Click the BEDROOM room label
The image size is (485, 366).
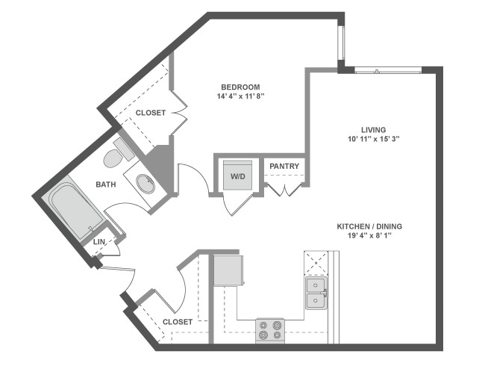pos(240,87)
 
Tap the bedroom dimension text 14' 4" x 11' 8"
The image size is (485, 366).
pos(240,97)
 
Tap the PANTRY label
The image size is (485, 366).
pos(284,166)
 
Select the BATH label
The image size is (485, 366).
pos(106,183)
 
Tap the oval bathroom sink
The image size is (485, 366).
pos(147,183)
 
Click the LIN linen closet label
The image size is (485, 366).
pos(99,242)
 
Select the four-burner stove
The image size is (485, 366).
pos(272,329)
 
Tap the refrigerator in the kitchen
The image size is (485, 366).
pos(228,269)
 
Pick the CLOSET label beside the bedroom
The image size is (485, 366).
pos(151,113)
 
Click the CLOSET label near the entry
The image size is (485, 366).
pos(178,322)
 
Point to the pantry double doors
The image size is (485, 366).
pos(285,187)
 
